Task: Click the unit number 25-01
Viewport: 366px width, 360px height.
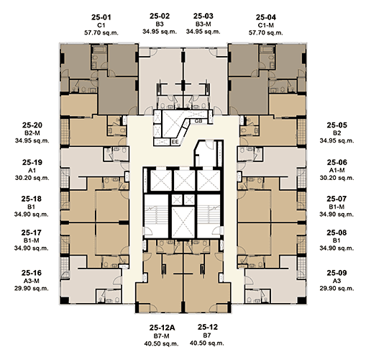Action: pos(101,17)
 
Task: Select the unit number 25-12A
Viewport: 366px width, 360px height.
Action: pos(163,328)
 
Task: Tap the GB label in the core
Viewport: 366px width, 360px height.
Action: pos(198,121)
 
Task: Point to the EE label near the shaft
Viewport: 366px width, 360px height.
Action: pos(175,142)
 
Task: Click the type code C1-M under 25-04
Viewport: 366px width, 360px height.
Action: pos(266,25)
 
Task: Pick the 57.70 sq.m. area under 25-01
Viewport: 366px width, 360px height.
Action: pos(101,32)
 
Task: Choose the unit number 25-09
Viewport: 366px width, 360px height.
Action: pos(337,273)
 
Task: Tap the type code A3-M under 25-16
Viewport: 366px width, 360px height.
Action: pos(32,281)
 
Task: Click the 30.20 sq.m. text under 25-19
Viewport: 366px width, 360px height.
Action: pos(32,178)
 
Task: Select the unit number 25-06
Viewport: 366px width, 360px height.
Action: pos(337,163)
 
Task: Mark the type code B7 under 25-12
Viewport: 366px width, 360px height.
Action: pos(207,336)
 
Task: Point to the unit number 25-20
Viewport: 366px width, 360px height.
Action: pos(32,125)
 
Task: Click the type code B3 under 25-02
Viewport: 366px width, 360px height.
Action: pos(160,24)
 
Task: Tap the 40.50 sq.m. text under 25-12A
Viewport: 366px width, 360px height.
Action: pos(161,343)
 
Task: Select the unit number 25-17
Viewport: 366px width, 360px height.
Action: pos(31,233)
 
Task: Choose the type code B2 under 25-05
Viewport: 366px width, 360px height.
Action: pos(337,133)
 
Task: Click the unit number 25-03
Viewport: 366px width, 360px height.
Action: pos(203,16)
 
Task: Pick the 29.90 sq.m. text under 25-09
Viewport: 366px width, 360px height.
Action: pos(337,288)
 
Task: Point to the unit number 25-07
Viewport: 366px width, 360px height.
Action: pos(337,199)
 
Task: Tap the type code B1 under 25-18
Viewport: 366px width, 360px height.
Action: pos(32,207)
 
